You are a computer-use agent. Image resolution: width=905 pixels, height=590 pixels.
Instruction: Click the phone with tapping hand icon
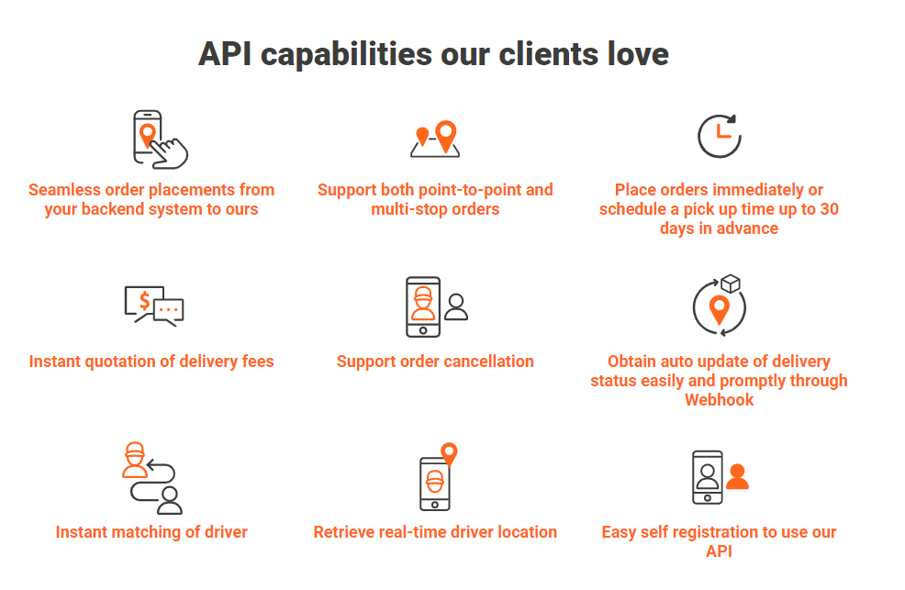(x=159, y=139)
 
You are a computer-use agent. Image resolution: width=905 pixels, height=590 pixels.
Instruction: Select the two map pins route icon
(x=435, y=139)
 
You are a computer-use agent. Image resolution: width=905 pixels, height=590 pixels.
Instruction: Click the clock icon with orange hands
(x=719, y=136)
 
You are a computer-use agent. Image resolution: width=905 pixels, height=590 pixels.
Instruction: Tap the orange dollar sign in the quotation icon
(x=145, y=299)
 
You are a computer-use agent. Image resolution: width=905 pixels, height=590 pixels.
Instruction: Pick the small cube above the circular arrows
(x=731, y=284)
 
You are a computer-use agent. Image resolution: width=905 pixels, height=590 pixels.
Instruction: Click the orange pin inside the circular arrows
(x=720, y=309)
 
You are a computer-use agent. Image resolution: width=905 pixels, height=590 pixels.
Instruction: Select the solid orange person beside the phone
(x=737, y=476)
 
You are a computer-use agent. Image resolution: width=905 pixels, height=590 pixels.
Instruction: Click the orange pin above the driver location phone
(x=449, y=453)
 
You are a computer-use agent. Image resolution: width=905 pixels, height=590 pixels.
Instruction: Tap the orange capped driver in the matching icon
(x=135, y=461)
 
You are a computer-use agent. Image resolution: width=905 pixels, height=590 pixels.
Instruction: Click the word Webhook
(x=719, y=400)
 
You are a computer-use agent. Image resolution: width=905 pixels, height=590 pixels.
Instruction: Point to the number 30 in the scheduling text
(x=828, y=209)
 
